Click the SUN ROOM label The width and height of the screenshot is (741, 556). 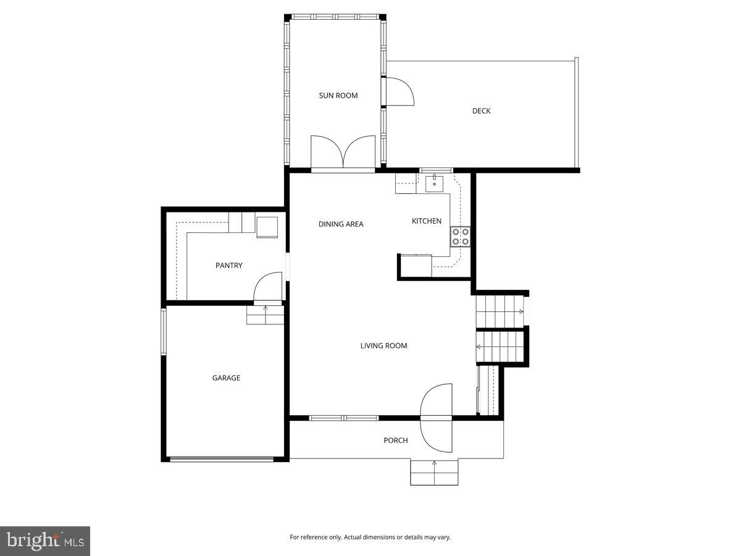(x=338, y=95)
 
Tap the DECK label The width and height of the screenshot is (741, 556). (x=481, y=111)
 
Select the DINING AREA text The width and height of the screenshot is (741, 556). (x=341, y=224)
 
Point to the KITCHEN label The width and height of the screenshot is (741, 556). (x=427, y=221)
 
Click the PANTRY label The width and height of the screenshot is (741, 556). (x=228, y=266)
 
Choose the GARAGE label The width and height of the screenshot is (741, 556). (x=226, y=378)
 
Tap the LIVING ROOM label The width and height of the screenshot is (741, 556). (x=383, y=346)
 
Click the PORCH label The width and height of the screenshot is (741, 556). (x=395, y=440)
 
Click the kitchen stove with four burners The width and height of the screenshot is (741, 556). (x=460, y=237)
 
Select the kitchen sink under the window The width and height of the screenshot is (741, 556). (x=435, y=182)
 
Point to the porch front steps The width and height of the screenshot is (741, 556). (x=434, y=473)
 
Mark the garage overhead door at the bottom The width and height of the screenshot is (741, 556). (x=222, y=459)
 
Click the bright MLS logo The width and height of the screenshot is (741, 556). (x=45, y=541)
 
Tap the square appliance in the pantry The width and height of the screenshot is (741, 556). (x=267, y=227)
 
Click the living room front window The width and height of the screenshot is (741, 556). (x=344, y=418)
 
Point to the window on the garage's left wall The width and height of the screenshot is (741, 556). (x=164, y=332)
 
